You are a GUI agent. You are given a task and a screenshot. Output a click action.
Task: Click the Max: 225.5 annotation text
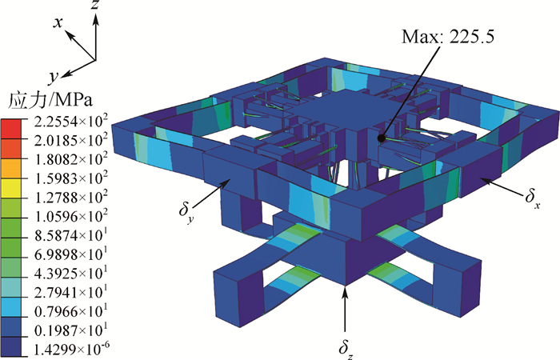point(448,36)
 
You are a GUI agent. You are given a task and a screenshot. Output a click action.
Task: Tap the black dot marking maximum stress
point(382,138)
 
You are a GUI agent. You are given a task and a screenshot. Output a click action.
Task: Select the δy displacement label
point(186,214)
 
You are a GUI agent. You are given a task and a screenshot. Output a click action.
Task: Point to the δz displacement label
point(346,348)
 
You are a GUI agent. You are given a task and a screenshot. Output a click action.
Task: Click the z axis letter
point(95,6)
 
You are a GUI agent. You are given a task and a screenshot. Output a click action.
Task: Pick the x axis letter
point(58,23)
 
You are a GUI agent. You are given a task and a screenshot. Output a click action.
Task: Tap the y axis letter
point(54,77)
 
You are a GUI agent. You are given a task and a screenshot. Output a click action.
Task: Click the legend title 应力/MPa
point(50,100)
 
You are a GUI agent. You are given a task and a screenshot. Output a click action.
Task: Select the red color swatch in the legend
point(11,129)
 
